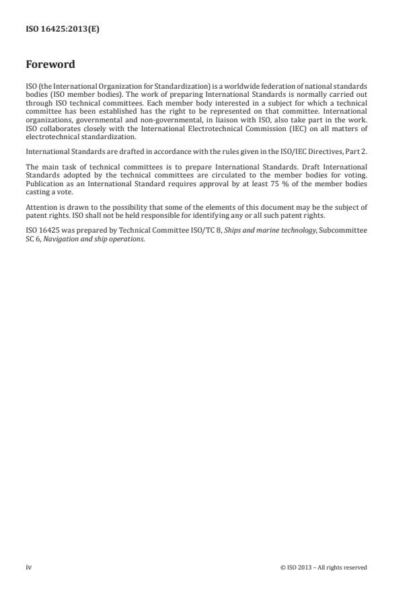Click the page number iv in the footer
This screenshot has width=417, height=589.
tap(28, 567)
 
